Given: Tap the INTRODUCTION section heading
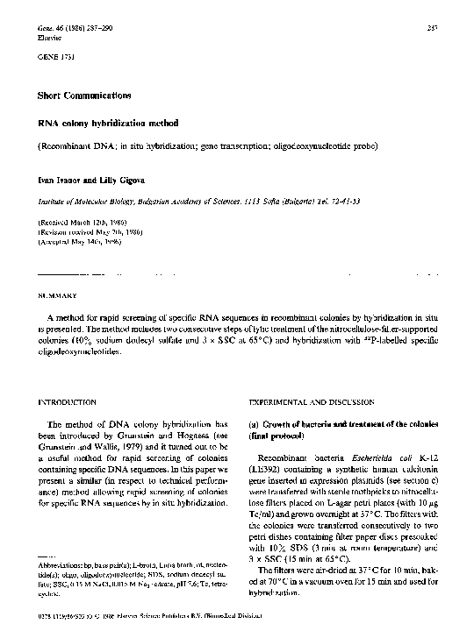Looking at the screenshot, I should coord(64,401).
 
